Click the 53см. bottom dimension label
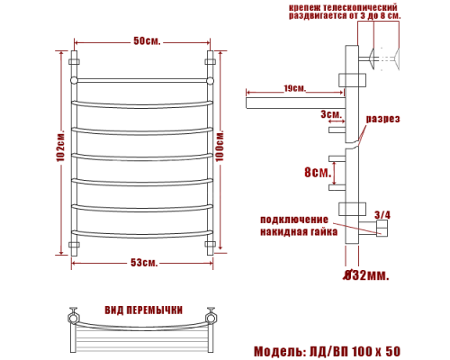point(144,262)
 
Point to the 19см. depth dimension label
point(292,88)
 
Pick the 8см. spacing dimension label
point(315,173)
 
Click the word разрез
point(382,119)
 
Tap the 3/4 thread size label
point(382,213)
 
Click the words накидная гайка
point(298,231)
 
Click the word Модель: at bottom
point(281,349)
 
